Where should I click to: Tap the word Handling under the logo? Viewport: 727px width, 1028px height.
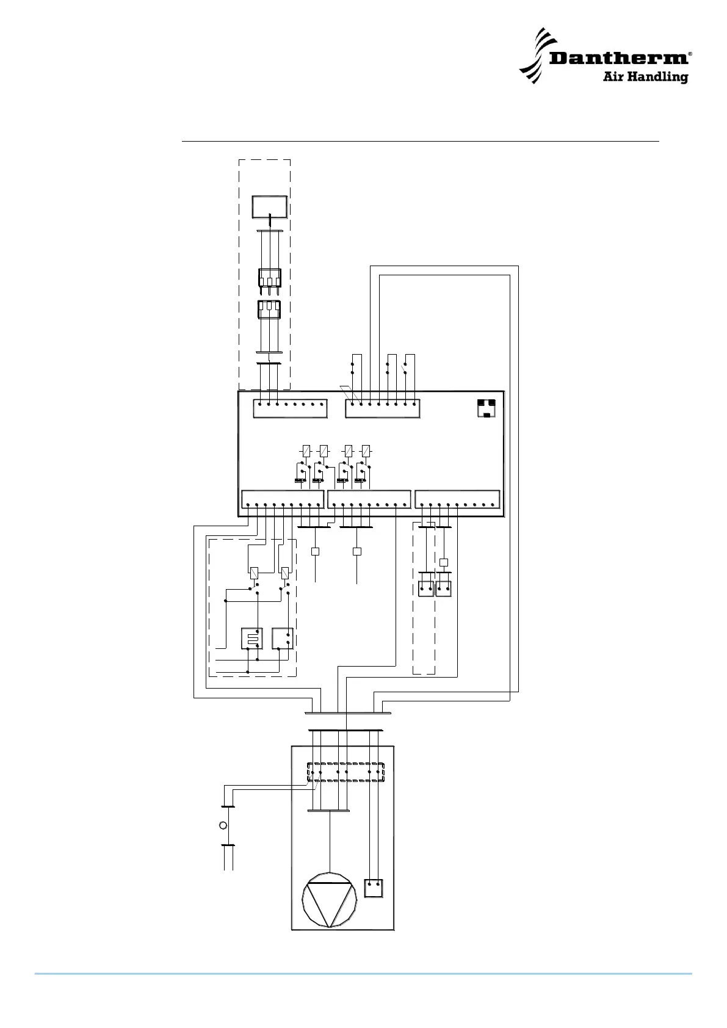pos(662,78)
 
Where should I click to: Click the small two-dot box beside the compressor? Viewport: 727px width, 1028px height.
pos(374,888)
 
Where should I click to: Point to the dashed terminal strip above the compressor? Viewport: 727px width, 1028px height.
pos(345,772)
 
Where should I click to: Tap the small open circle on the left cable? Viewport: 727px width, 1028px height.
pos(223,825)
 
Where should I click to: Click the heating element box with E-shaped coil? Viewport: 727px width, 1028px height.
pos(251,638)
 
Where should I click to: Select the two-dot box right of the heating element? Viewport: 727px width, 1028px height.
pos(283,638)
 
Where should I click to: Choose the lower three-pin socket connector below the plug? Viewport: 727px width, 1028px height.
pos(269,310)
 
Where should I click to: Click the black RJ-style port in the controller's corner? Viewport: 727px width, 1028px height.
pos(486,407)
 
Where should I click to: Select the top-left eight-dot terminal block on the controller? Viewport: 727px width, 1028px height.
pos(290,408)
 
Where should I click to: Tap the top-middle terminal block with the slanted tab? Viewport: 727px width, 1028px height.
pos(383,408)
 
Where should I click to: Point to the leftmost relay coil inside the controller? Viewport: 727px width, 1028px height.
pos(306,451)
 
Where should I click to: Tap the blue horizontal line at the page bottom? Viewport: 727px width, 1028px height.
pos(363,974)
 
